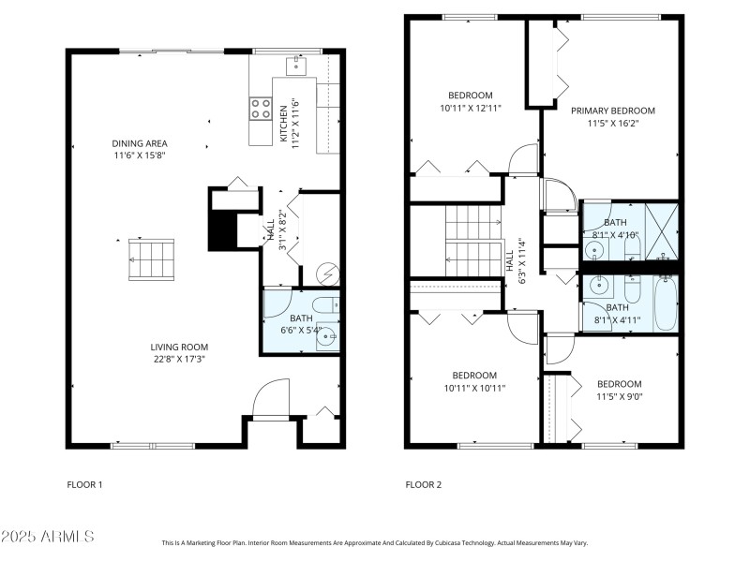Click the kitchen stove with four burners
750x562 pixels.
(260, 109)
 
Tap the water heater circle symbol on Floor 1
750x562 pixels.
(327, 273)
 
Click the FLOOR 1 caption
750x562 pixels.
(84, 485)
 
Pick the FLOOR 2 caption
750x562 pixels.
(423, 485)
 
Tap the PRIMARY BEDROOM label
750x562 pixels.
(613, 111)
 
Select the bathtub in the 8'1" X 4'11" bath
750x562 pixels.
(665, 303)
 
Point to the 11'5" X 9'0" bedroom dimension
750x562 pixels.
(620, 397)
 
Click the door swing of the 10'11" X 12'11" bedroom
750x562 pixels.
(522, 161)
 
